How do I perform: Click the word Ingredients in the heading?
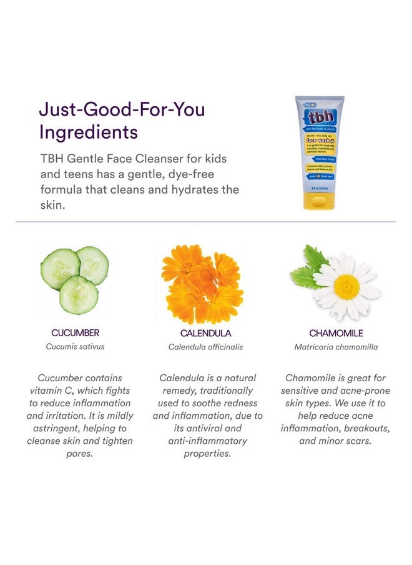coord(89,132)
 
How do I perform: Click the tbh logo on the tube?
coord(318,118)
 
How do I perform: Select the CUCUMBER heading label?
coord(75,333)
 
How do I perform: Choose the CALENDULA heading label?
coord(205,334)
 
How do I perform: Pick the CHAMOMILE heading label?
coord(336,334)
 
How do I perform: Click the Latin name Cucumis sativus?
coord(75,347)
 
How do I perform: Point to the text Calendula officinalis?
coord(205,347)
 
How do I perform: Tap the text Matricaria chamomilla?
coord(336,347)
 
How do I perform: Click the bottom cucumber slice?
coord(79,294)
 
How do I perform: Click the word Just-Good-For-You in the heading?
coord(122,109)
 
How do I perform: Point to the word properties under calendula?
coord(207,453)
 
